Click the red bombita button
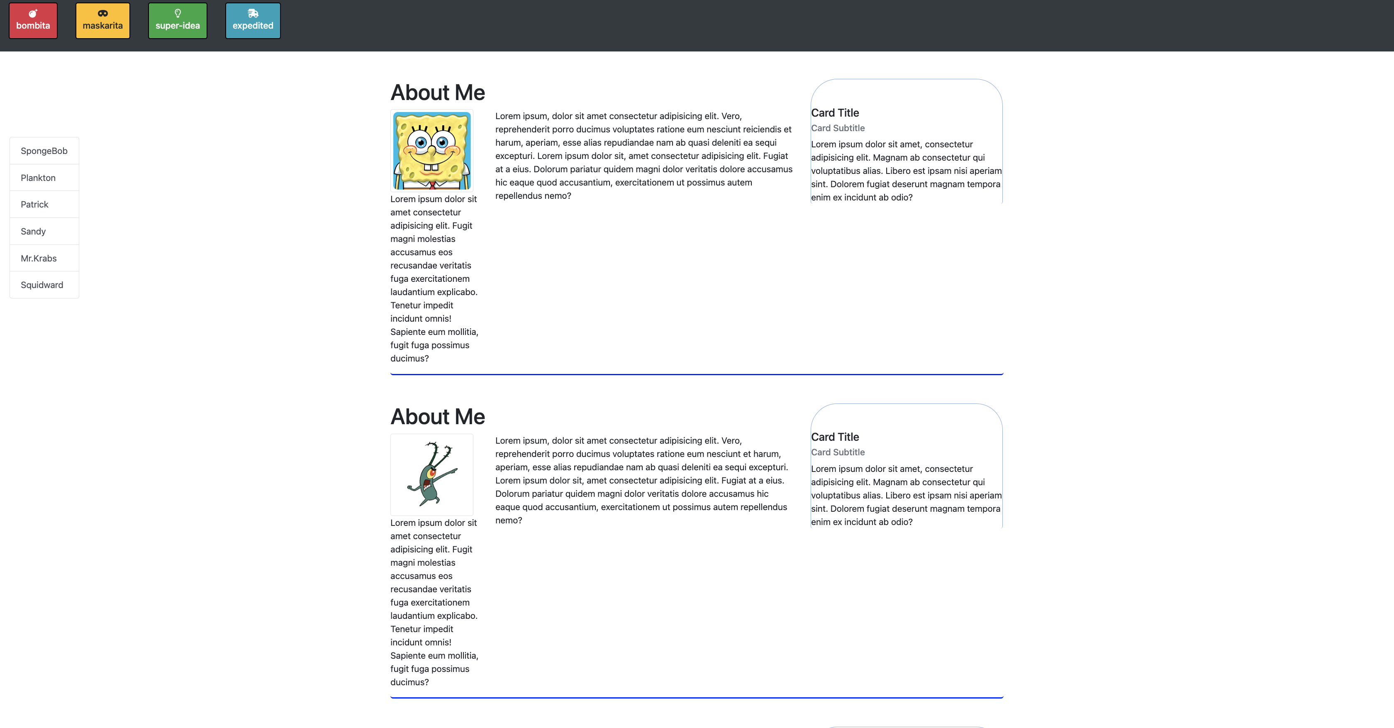pyautogui.click(x=33, y=21)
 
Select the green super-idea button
pyautogui.click(x=178, y=21)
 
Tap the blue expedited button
pyautogui.click(x=253, y=21)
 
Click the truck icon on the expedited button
pyautogui.click(x=253, y=13)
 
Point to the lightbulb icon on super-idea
pyautogui.click(x=178, y=13)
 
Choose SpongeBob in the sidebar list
pyautogui.click(x=44, y=151)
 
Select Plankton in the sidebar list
pyautogui.click(x=38, y=178)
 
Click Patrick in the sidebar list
pyautogui.click(x=34, y=204)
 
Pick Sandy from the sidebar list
pyautogui.click(x=33, y=231)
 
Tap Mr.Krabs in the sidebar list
pyautogui.click(x=39, y=258)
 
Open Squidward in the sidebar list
pyautogui.click(x=41, y=285)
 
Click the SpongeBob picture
pyautogui.click(x=432, y=151)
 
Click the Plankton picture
pyautogui.click(x=432, y=474)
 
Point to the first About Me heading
pyautogui.click(x=437, y=93)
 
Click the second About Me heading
pyautogui.click(x=437, y=417)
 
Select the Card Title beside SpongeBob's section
pyautogui.click(x=834, y=112)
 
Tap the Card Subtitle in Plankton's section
pyautogui.click(x=837, y=452)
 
